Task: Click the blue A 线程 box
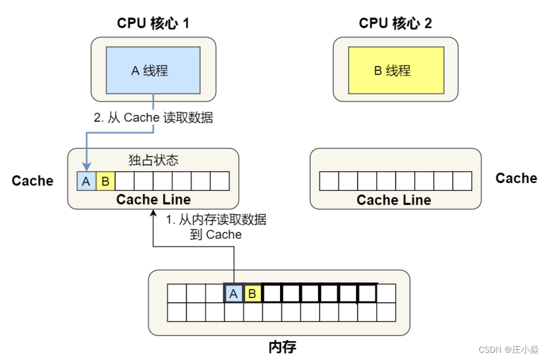coord(153,71)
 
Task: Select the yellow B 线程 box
coord(396,71)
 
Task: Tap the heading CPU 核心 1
coord(153,23)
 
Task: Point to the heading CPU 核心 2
coord(396,23)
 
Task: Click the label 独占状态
coord(154,160)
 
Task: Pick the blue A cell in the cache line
coord(86,181)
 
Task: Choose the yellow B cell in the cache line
coord(105,181)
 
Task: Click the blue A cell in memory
coord(233,294)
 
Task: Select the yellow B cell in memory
coord(252,294)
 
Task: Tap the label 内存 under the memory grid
coord(282,347)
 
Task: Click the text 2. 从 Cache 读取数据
coord(154,118)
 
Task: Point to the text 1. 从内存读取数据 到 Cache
coord(216,227)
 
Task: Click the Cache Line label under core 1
coord(153,199)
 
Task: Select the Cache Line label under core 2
coord(394,200)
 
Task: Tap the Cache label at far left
coord(33,181)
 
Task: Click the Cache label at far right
coord(516,178)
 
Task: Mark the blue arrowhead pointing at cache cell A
coord(87,167)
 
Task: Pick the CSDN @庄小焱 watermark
coord(508,349)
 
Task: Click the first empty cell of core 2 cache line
coord(329,181)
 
